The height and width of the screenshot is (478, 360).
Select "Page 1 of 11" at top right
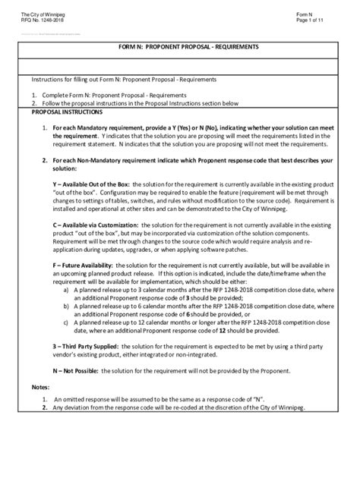tap(312, 21)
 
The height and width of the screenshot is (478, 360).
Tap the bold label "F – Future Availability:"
tap(85, 263)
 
